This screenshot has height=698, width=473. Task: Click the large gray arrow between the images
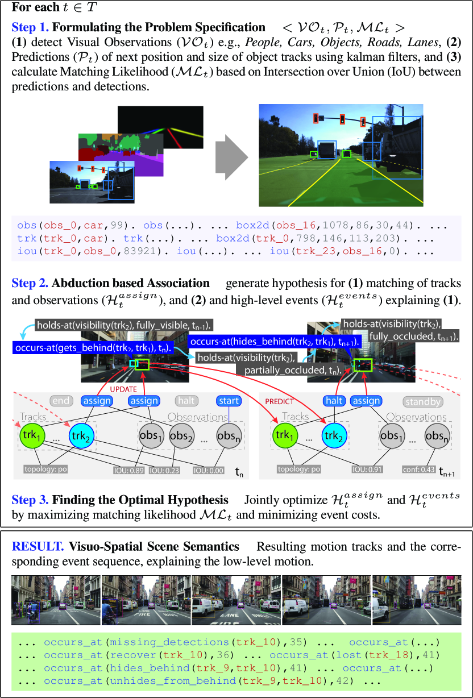point(231,155)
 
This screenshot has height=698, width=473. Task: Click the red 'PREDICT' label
point(279,401)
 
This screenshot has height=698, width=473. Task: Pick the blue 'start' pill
point(229,401)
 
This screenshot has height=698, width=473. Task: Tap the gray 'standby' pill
point(423,402)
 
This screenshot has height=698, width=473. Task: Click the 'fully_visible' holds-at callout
point(122,326)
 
